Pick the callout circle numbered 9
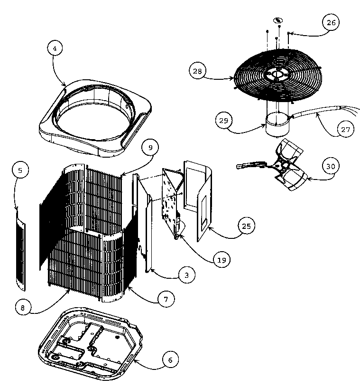150,148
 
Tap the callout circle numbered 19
222,259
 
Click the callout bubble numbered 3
187,275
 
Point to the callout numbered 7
166,299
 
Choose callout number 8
22,307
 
